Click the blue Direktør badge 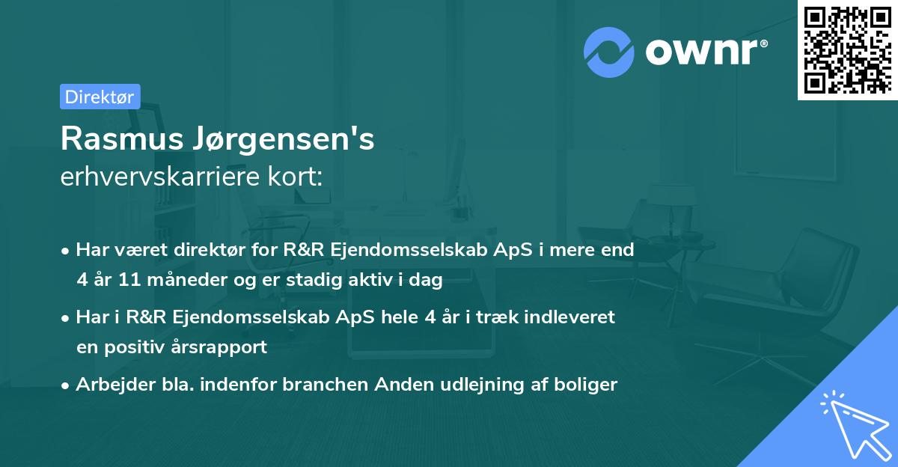tap(100, 97)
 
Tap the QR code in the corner tap(848, 49)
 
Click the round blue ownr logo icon tap(608, 52)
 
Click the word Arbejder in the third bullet tap(109, 385)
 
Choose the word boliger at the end tap(588, 385)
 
